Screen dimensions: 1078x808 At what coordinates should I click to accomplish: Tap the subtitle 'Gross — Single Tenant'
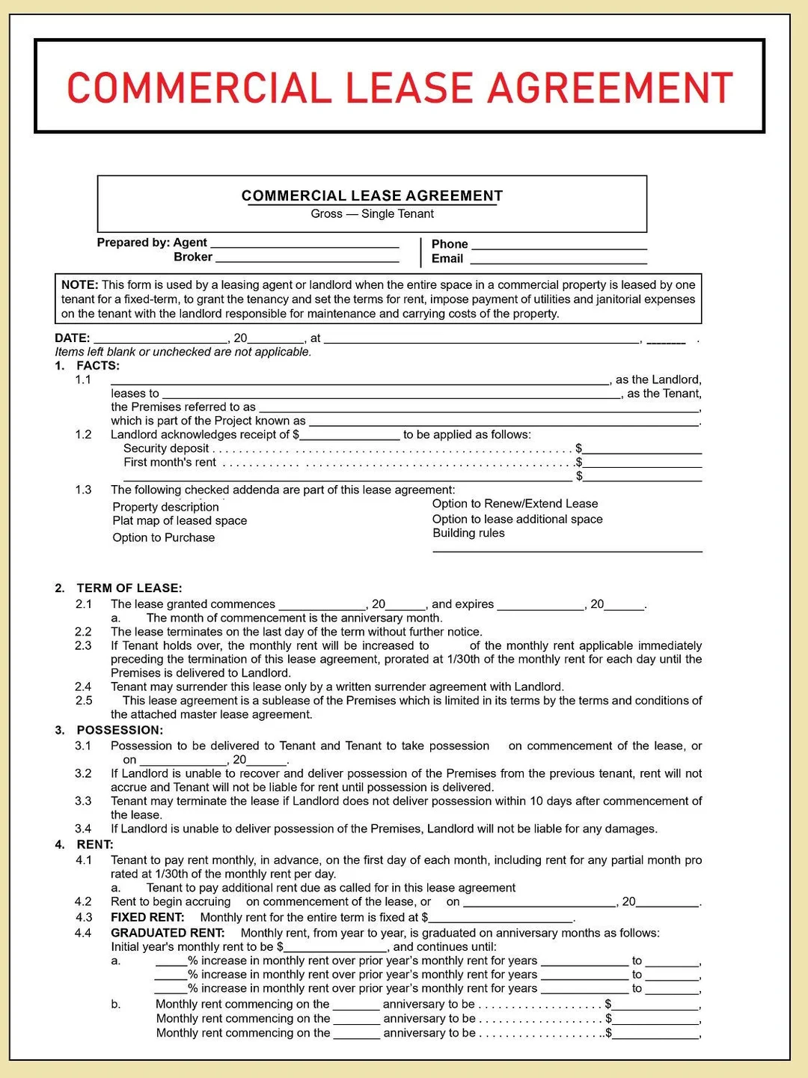pyautogui.click(x=372, y=214)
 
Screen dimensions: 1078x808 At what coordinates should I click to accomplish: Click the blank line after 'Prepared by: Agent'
pyautogui.click(x=304, y=243)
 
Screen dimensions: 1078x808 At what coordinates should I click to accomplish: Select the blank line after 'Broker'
pyautogui.click(x=307, y=258)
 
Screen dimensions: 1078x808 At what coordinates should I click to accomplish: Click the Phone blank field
pyautogui.click(x=559, y=245)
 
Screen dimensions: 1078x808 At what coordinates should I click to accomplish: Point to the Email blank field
pyautogui.click(x=558, y=259)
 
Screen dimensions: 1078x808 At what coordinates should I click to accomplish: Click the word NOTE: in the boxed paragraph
pyautogui.click(x=80, y=285)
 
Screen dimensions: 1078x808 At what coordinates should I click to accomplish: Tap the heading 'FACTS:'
pyautogui.click(x=98, y=366)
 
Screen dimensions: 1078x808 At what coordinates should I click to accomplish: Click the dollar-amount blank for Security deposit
pyautogui.click(x=642, y=449)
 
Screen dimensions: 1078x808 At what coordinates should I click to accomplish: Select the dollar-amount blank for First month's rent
pyautogui.click(x=642, y=463)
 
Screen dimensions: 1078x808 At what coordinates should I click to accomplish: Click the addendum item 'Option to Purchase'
pyautogui.click(x=164, y=538)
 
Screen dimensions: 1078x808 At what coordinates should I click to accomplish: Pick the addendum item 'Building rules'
pyautogui.click(x=468, y=534)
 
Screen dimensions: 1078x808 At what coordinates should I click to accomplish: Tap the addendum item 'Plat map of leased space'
pyautogui.click(x=180, y=521)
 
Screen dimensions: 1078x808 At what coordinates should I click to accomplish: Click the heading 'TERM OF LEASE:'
pyautogui.click(x=129, y=588)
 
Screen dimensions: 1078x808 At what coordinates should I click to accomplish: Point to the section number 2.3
pyautogui.click(x=83, y=646)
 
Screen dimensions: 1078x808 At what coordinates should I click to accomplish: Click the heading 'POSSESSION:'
pyautogui.click(x=120, y=731)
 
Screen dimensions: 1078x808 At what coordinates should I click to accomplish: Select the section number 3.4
pyautogui.click(x=83, y=829)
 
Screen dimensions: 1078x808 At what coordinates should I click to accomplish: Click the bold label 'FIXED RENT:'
pyautogui.click(x=147, y=918)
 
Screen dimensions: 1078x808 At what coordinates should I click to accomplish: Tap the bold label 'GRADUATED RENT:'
pyautogui.click(x=168, y=934)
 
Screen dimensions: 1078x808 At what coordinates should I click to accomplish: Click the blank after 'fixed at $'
pyautogui.click(x=501, y=919)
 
